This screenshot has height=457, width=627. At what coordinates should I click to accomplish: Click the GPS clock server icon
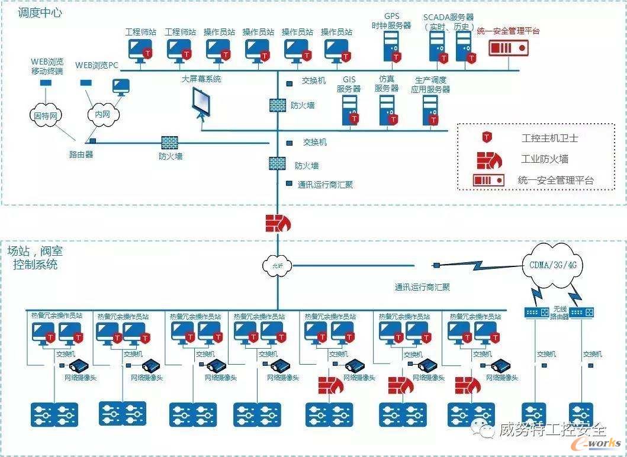[392, 46]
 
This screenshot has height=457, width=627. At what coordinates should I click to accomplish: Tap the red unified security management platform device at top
[508, 47]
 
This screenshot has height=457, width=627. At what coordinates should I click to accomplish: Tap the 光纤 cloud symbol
[277, 266]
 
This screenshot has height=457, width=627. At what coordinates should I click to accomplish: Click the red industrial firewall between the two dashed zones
[277, 223]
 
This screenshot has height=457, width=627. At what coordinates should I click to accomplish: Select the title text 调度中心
[40, 12]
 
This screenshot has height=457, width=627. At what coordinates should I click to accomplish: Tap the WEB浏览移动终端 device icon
[46, 83]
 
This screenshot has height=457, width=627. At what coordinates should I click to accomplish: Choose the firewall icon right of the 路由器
[169, 142]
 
